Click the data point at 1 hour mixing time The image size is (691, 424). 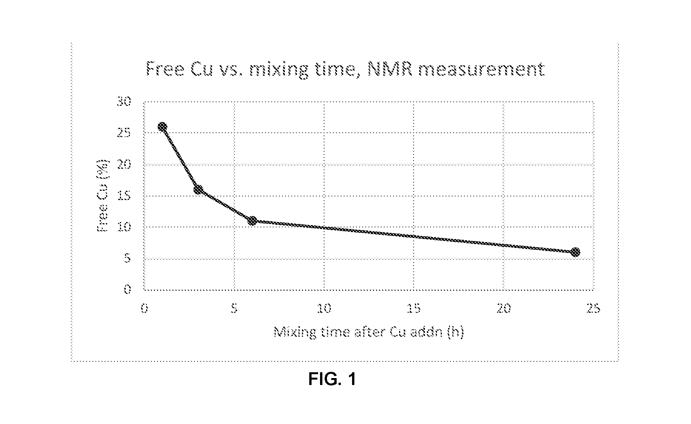162,127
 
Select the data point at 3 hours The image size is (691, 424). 198,190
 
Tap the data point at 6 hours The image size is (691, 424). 252,221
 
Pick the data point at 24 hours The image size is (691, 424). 575,252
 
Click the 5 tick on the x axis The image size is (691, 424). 234,308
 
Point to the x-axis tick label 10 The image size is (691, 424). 324,308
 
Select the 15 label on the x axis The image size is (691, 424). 414,308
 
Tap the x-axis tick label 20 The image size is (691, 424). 504,308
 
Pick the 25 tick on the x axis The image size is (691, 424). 593,308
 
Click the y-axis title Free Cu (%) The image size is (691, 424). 103,196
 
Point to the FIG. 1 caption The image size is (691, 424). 332,379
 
